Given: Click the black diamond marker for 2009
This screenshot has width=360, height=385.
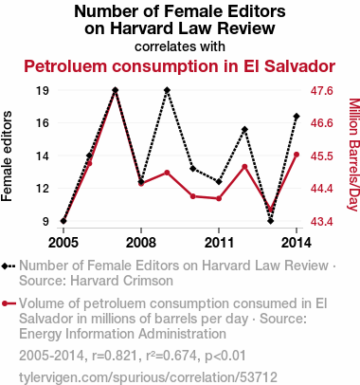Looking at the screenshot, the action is [x=167, y=90].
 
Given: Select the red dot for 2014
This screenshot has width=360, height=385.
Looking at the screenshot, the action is [x=297, y=155].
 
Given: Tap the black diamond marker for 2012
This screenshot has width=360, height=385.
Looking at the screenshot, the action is [x=244, y=130].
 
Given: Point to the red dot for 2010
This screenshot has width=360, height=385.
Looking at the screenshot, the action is [x=193, y=196].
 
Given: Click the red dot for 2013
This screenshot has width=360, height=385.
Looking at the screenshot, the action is [x=271, y=210].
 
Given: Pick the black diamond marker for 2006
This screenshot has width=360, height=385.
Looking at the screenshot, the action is [x=89, y=156].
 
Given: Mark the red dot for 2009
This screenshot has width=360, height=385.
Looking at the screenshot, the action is [x=167, y=173].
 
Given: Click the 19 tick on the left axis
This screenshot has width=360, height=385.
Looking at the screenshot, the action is [x=43, y=91].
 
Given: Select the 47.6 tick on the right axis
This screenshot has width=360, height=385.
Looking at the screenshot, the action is [x=322, y=91].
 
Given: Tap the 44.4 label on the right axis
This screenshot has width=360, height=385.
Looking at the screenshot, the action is [x=322, y=189].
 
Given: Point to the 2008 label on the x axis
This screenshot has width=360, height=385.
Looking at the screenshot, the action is [x=141, y=243].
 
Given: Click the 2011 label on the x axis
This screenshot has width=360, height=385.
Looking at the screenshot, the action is [x=219, y=243].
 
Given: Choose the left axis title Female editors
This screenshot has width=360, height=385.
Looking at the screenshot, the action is [x=7, y=156].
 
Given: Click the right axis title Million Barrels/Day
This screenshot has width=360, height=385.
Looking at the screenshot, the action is [x=354, y=155].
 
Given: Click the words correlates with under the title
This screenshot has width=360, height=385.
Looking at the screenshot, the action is [x=180, y=46].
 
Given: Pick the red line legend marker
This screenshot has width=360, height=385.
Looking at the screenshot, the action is [x=9, y=303].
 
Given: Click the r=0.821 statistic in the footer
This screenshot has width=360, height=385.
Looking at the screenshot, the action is [x=115, y=356].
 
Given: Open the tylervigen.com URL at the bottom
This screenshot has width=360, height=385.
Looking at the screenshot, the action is [x=148, y=377].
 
